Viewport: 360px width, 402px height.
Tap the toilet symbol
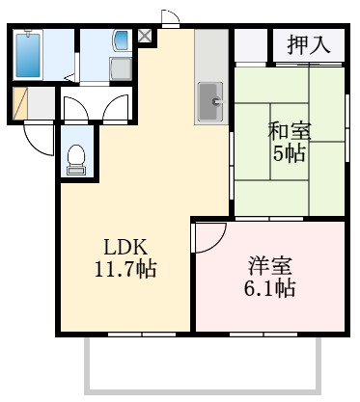pos(76,159)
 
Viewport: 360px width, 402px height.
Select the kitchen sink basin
pos(209,100)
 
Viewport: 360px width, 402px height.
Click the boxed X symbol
pos(145,37)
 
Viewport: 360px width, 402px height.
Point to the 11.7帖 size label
pos(123,268)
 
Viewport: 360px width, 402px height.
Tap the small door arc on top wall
pos(169,16)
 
